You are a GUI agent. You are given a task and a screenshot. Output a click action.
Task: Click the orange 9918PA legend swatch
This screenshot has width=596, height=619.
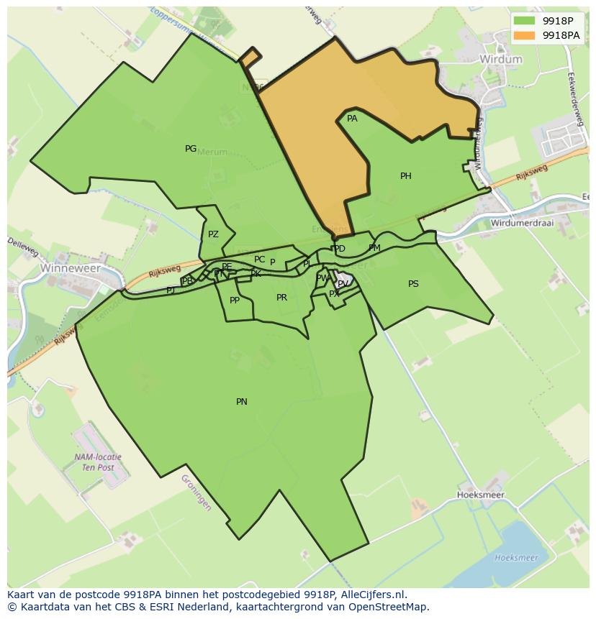(x=525, y=35)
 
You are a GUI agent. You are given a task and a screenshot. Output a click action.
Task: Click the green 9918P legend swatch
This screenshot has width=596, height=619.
(x=525, y=21)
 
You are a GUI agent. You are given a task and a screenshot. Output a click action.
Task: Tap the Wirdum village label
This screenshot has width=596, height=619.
(x=500, y=59)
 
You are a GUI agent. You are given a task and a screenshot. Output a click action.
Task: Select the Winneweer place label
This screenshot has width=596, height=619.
(x=70, y=267)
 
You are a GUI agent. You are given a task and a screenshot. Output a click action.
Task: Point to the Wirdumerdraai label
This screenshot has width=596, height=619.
(x=522, y=223)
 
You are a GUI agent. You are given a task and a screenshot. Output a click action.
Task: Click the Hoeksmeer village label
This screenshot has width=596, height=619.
(x=481, y=495)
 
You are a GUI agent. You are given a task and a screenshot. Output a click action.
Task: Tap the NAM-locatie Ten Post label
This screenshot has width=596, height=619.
(x=98, y=462)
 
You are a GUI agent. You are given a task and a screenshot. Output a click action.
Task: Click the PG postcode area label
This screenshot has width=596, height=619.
(x=191, y=149)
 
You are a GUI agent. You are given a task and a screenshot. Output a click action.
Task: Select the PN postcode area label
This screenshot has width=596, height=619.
(x=242, y=402)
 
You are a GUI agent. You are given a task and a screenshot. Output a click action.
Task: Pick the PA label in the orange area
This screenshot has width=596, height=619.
(x=352, y=119)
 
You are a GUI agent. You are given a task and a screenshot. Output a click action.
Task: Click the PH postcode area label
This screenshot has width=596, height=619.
(x=406, y=176)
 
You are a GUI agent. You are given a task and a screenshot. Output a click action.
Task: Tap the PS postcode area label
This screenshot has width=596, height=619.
(x=413, y=284)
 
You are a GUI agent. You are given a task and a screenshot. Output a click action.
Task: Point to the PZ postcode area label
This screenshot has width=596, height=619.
(x=213, y=234)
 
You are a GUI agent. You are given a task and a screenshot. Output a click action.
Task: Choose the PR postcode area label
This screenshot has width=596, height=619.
(x=281, y=298)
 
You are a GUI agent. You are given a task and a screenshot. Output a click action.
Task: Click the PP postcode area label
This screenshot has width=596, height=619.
(x=235, y=301)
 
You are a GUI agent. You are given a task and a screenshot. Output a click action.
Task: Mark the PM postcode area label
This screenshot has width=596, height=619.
(x=374, y=248)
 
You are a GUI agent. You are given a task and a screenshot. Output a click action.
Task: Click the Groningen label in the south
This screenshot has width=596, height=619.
(x=196, y=492)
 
